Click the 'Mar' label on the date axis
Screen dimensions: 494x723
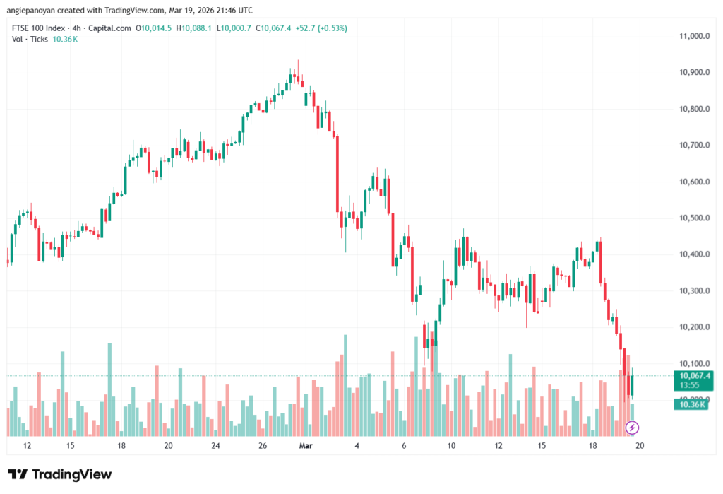(306, 446)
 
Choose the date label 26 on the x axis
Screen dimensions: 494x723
(263, 446)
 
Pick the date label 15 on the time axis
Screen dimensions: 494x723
(542, 446)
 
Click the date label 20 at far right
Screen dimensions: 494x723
(640, 446)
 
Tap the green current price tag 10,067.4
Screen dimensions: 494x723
(694, 376)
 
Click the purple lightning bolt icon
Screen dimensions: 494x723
(633, 427)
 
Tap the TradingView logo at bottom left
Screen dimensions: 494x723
(60, 474)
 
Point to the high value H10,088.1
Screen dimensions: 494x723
(195, 28)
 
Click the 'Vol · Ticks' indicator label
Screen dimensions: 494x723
(30, 39)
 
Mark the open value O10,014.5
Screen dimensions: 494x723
(156, 28)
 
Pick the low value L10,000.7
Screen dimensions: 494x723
(234, 28)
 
